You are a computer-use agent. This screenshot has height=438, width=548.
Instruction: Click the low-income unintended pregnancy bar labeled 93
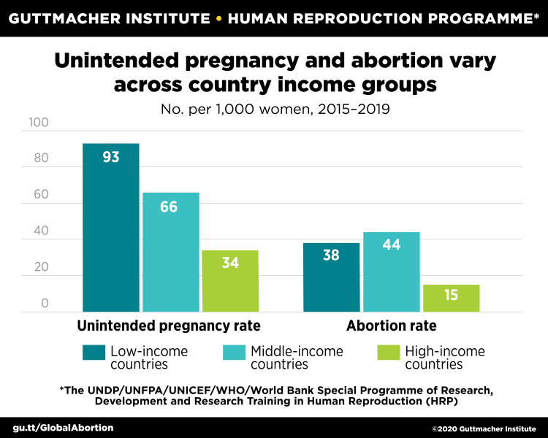(110, 227)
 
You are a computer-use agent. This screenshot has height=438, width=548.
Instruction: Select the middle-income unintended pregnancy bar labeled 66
(170, 252)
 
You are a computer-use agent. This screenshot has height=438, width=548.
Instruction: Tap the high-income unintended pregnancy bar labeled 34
(230, 281)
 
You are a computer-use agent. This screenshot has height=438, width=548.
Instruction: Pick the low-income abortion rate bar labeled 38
(332, 277)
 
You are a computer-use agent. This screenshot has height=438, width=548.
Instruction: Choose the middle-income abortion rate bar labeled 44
(392, 272)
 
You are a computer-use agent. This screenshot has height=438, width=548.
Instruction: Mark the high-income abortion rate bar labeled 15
(451, 298)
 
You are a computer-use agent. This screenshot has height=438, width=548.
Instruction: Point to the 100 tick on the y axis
(38, 123)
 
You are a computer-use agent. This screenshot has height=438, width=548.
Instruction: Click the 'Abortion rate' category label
(392, 325)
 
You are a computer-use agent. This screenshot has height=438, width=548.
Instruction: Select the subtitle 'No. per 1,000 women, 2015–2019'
(274, 110)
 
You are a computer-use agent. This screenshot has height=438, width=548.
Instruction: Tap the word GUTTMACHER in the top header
(61, 18)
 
